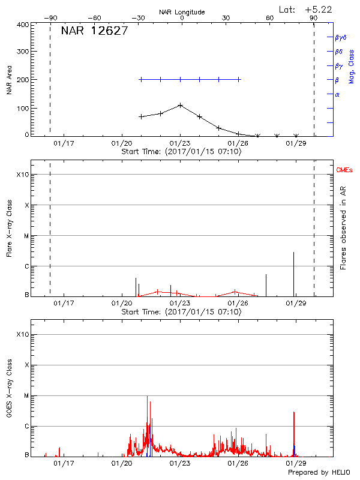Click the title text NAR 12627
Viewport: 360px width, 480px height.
click(x=94, y=31)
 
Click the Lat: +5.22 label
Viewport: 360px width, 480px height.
click(x=306, y=9)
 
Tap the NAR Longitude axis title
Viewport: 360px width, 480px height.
click(x=182, y=12)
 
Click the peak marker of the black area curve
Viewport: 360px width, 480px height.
click(x=180, y=105)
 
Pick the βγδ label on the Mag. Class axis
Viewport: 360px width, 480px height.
click(x=341, y=37)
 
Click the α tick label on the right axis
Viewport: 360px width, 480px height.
click(x=337, y=94)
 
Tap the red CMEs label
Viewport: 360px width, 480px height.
click(x=345, y=170)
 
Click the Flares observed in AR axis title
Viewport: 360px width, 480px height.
click(x=343, y=228)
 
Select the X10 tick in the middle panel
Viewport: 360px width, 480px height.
click(x=23, y=175)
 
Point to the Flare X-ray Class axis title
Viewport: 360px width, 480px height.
click(x=10, y=228)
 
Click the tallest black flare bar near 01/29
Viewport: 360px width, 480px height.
click(x=293, y=273)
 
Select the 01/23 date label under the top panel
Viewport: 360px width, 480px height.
click(x=180, y=143)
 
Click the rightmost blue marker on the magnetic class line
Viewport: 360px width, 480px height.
click(x=239, y=79)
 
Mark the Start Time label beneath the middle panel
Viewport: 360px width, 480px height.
click(x=181, y=311)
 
